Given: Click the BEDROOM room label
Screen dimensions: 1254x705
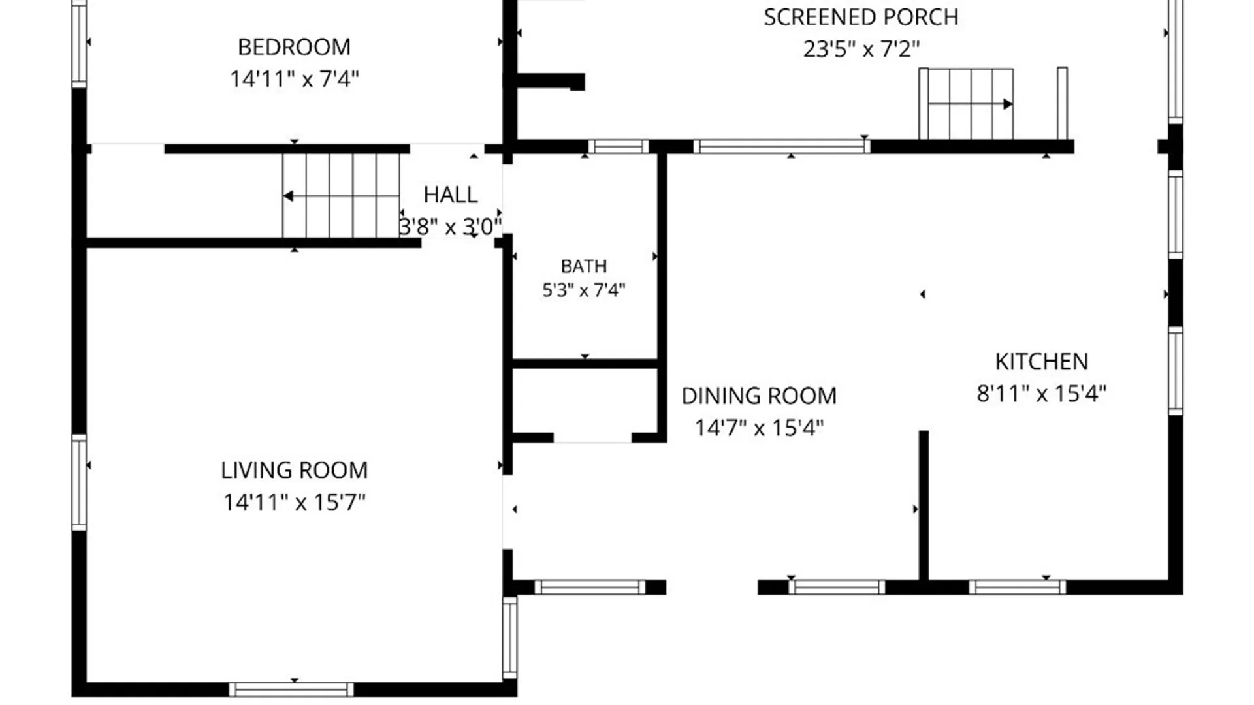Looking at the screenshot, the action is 294,47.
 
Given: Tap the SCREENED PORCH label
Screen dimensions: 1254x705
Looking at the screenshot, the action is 861,17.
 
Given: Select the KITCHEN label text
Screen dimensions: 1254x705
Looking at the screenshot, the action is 1041,362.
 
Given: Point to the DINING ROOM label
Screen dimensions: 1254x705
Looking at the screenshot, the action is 759,396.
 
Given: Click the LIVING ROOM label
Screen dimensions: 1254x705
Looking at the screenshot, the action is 294,471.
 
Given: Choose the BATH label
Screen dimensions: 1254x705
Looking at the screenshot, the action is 584,266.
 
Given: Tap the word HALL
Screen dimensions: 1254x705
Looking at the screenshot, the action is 450,195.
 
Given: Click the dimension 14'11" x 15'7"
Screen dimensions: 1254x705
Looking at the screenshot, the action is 294,503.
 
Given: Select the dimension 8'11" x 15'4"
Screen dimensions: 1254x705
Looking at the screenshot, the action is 1041,394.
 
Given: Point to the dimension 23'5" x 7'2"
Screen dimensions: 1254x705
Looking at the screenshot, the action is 861,49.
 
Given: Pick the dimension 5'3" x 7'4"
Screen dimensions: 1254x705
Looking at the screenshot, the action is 584,290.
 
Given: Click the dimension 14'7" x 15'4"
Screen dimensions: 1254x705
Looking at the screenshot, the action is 759,428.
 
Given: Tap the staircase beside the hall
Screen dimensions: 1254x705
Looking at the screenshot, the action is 341,196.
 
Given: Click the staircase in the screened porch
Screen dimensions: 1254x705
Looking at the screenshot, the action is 966,104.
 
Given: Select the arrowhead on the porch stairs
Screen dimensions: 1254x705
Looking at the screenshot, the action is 1008,104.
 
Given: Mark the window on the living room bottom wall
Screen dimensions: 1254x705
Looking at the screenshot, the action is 291,689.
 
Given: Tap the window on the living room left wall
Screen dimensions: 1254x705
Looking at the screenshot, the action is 79,482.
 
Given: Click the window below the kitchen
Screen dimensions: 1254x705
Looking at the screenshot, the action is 1017,587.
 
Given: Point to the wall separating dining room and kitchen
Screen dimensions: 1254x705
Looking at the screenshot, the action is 924,505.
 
